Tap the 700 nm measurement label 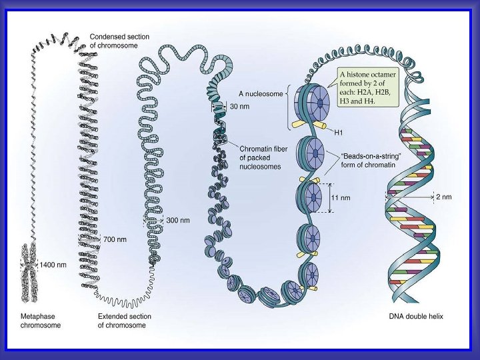click(x=115, y=238)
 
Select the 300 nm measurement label click(x=177, y=220)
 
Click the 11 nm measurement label click(x=341, y=197)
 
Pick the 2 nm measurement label click(x=444, y=197)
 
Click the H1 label click(x=339, y=131)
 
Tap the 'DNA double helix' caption click(x=417, y=316)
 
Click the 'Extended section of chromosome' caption click(x=124, y=321)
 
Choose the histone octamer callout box click(x=367, y=87)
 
